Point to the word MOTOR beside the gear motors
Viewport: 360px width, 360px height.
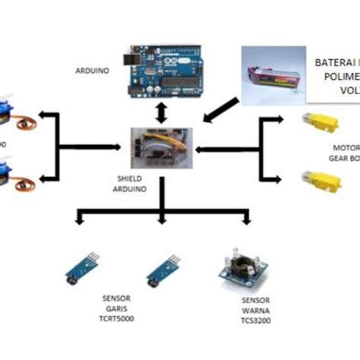click(x=345, y=148)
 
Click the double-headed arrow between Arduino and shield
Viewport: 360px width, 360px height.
click(x=160, y=111)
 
